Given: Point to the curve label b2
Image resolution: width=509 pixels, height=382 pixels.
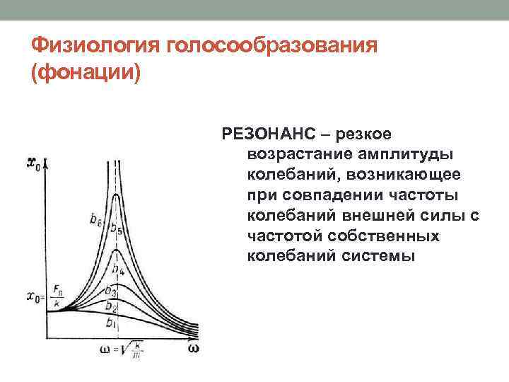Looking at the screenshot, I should pos(111,306).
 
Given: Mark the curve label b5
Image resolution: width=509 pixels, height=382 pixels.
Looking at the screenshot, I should pos(117,229).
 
